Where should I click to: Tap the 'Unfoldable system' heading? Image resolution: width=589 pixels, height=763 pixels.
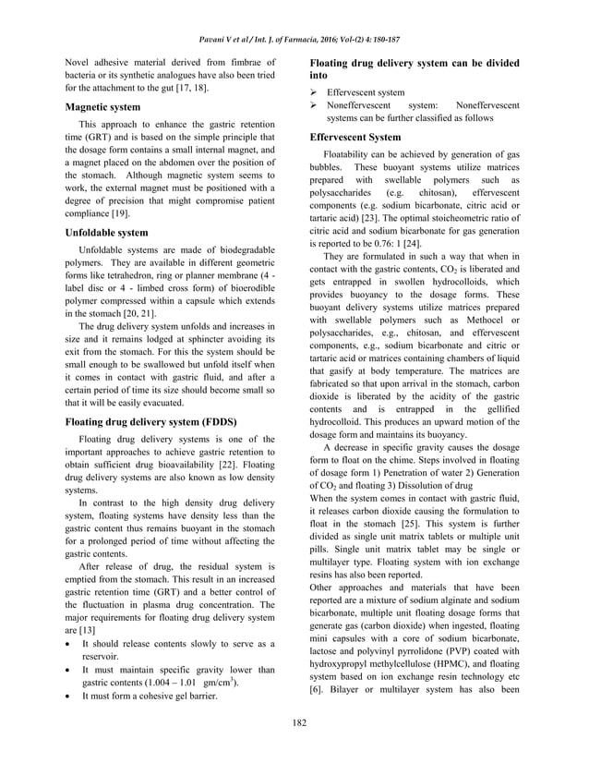[x=102, y=233]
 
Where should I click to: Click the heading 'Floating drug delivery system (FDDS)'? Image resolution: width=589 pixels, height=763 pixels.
[x=150, y=421]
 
